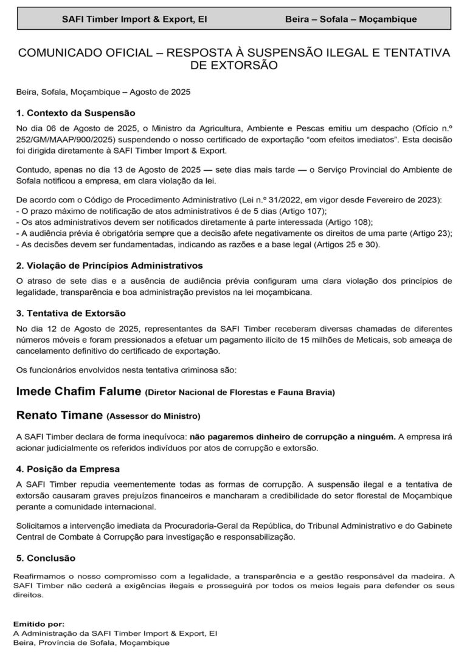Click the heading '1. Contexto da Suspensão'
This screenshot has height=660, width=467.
coord(75,113)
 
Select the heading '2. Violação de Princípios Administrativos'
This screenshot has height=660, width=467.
coord(109,266)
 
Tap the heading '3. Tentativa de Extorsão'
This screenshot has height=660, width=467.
coord(71,313)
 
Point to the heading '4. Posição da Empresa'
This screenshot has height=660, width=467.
coord(68,469)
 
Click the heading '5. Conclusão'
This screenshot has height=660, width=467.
coord(46,557)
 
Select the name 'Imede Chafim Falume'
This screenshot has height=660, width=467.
coord(78,391)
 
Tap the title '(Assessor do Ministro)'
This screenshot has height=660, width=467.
coord(153,417)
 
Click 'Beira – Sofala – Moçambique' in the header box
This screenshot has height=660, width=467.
coord(351,19)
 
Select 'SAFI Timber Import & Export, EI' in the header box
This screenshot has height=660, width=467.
coord(134,19)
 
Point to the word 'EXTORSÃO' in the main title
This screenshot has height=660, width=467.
coord(234,65)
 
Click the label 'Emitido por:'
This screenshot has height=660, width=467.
coord(38,624)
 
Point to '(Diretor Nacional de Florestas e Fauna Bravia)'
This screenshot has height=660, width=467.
coord(240,393)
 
